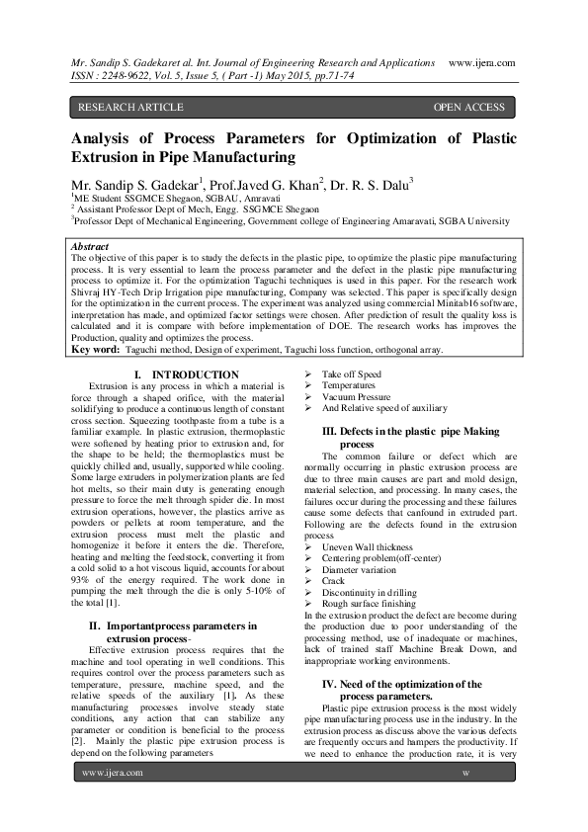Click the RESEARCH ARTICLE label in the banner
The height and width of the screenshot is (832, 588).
[x=130, y=107]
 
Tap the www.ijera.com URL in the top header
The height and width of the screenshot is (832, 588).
[x=481, y=62]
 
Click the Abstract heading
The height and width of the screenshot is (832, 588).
[x=92, y=245]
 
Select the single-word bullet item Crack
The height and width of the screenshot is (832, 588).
[x=335, y=580]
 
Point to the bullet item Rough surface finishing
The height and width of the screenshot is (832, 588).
[x=369, y=603]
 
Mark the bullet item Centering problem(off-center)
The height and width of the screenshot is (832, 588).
[x=382, y=558]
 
